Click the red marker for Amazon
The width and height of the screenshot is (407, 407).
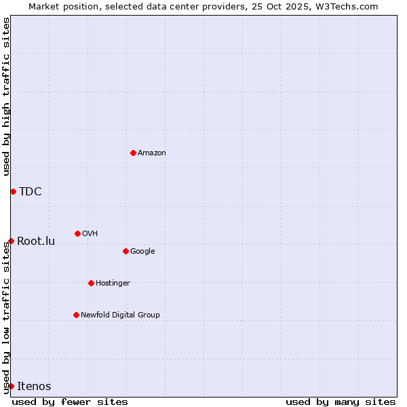133,153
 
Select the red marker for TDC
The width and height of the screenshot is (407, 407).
13,191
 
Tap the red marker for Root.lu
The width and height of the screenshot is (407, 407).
11,241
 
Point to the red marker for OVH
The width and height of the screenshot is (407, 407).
77,233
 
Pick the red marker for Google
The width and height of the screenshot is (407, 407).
125,251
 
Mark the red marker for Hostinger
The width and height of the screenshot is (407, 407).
91,283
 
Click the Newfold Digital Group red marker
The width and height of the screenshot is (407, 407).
76,315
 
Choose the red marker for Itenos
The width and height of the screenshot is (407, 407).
11,386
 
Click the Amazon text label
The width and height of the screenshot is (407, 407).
152,153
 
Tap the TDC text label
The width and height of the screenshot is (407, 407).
31,191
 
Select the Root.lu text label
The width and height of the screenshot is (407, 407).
36,241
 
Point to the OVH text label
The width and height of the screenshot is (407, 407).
90,234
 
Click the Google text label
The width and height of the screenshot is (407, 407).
142,252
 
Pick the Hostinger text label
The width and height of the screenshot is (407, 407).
113,284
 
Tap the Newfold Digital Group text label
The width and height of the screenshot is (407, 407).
120,315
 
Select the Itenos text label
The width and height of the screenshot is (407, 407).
34,386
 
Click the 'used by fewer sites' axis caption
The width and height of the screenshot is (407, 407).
70,402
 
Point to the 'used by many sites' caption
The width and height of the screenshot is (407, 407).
341,402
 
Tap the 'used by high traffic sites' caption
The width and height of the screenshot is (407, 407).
6,96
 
